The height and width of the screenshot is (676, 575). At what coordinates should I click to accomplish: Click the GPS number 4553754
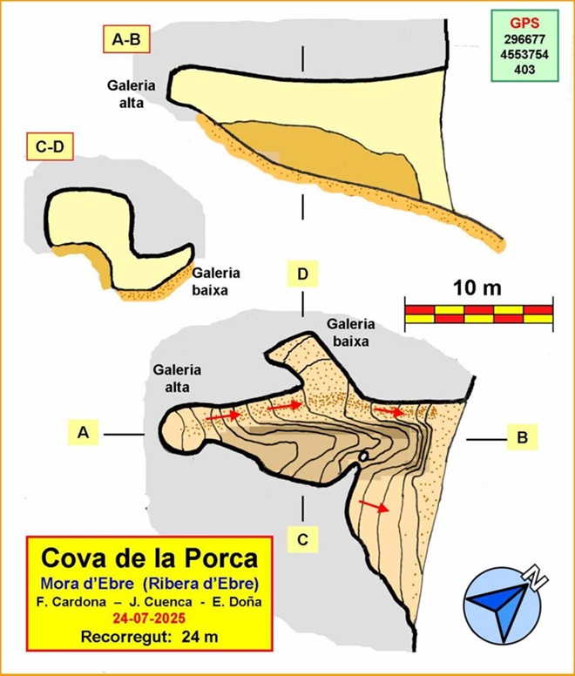[523, 55]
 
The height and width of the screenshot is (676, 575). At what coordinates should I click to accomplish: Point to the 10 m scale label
[477, 287]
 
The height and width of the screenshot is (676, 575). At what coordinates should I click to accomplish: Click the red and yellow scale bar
[479, 314]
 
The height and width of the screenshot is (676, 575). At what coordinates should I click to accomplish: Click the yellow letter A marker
[85, 432]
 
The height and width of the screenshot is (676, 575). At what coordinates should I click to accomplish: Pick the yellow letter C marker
[302, 539]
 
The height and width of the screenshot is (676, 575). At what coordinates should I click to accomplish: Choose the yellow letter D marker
[302, 275]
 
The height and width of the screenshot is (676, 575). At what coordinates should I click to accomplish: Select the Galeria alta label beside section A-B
[131, 92]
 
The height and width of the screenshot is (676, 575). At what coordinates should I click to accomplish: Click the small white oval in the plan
[364, 456]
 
